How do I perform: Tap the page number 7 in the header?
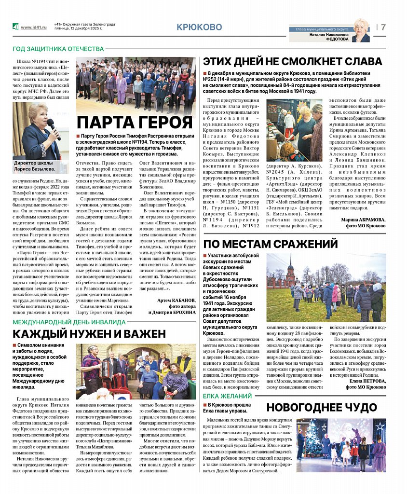383,27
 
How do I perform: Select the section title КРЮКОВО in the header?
199,27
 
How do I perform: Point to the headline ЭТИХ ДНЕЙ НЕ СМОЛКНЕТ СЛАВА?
293,61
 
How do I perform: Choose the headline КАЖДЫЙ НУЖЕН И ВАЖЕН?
89,333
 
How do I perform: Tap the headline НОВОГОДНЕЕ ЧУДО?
322,407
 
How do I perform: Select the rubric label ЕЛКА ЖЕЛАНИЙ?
227,396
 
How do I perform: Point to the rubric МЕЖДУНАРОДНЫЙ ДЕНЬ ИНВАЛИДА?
68,321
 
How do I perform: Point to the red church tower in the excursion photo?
291,273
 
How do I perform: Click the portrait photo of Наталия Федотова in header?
361,30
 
